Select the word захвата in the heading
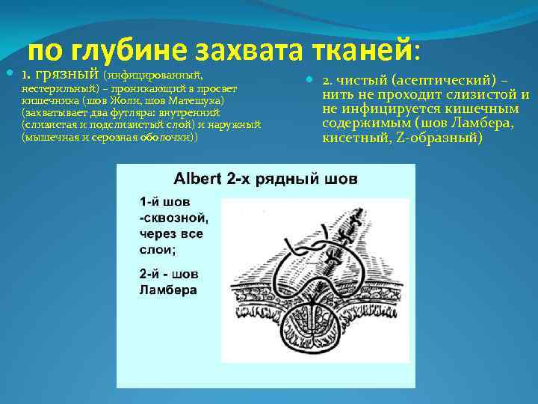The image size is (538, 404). [x=245, y=51]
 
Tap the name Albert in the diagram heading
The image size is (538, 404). [x=198, y=180]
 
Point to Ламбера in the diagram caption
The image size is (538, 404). [x=168, y=289]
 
